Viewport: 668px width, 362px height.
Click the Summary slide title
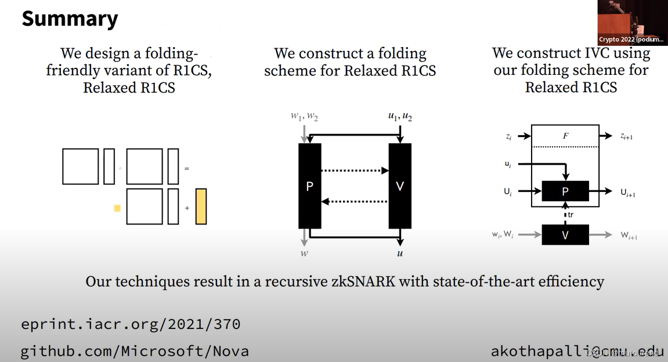coord(70,19)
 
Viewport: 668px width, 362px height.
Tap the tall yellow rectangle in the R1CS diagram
coord(201,207)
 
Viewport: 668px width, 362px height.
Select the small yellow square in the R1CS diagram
coord(117,208)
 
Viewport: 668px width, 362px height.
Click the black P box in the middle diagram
coord(310,186)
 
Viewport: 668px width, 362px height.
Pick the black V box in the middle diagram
coord(400,186)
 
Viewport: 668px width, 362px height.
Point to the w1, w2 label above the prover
coord(304,117)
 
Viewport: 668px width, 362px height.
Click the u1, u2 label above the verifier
coord(400,117)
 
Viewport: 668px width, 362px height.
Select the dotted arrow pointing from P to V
coord(355,171)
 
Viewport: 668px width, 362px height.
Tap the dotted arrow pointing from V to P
coord(355,201)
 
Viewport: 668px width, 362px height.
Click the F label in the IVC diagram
coord(565,136)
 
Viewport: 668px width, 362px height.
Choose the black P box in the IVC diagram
coord(565,191)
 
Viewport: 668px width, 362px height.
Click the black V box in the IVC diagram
coord(565,235)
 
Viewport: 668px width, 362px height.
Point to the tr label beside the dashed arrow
coord(571,215)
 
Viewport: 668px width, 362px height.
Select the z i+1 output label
coord(627,136)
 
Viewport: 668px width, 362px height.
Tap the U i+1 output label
coord(628,192)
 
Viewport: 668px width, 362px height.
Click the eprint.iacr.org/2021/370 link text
coord(131,324)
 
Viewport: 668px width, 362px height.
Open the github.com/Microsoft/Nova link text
coord(135,351)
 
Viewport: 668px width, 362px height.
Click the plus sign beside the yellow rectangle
coord(187,207)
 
